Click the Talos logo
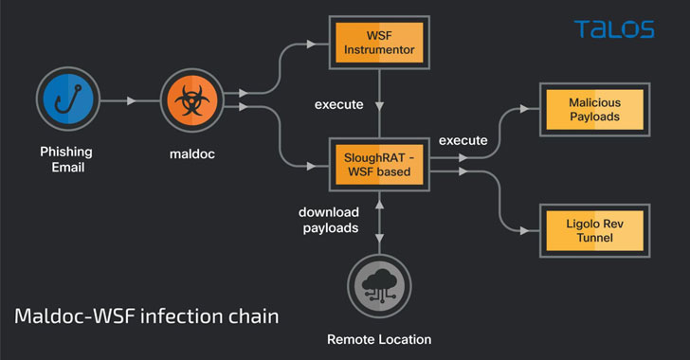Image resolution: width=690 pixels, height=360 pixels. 614,29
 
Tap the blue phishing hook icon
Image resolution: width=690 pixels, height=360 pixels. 68,99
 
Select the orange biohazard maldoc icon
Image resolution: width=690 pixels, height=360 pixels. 191,100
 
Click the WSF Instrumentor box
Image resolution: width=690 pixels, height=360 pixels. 379,43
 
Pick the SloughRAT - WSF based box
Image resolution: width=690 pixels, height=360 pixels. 379,165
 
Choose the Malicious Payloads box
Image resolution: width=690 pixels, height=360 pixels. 594,110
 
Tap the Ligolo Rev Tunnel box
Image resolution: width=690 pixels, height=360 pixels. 594,230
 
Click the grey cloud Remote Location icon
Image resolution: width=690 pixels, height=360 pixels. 379,285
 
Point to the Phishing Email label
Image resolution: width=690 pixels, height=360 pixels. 66,159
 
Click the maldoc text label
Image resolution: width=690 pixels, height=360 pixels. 192,154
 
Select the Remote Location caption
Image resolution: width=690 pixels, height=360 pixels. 379,339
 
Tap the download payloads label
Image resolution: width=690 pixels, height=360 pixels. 329,220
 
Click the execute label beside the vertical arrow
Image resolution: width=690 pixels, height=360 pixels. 339,105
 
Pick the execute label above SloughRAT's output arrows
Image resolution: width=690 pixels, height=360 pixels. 463,140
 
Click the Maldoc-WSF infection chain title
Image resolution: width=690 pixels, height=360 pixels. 147,316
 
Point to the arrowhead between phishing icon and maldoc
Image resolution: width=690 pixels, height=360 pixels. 131,100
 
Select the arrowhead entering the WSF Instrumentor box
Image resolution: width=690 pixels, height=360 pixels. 311,44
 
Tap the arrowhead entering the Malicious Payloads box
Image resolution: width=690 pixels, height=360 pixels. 524,109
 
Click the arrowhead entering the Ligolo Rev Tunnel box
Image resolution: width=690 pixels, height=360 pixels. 524,230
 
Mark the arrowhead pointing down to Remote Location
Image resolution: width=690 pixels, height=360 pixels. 379,238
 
